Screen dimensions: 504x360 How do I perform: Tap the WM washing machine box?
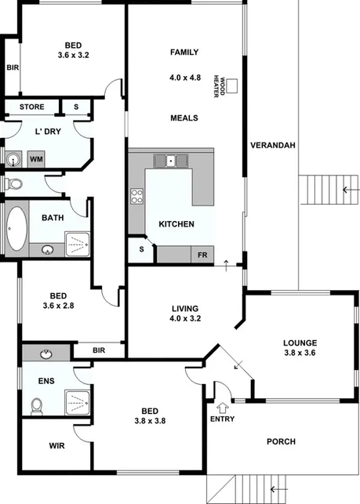pos(36,159)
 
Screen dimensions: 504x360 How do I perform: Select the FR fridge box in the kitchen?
pos(202,255)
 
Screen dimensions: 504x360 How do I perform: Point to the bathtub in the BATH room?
pos(16,229)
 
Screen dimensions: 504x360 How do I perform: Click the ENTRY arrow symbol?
pos(222,408)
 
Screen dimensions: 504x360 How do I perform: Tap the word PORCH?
pos(280,441)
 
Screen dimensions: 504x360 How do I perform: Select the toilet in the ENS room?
pos(35,406)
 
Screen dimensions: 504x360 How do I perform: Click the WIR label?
pos(56,445)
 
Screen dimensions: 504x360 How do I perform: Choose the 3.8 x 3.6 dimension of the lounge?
pos(301,354)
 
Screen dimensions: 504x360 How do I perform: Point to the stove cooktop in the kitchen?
pos(137,196)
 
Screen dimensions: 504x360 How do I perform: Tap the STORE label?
pos(31,107)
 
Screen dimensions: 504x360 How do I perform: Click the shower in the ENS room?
pos(76,401)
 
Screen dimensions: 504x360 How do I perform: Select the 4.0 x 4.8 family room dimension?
pos(184,78)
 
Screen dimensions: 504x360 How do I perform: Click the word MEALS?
pos(184,118)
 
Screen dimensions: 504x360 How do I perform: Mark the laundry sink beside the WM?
pos(13,160)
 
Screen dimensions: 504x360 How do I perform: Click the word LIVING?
pos(185,308)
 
